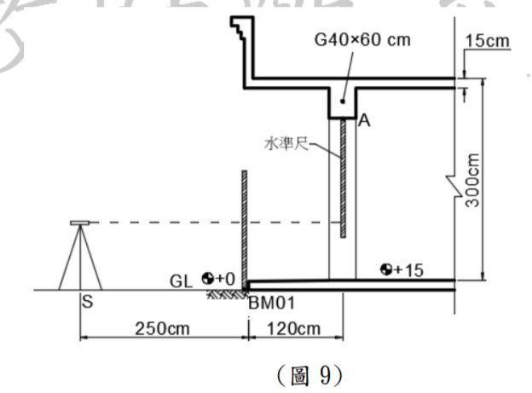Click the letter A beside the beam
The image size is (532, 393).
tap(364, 121)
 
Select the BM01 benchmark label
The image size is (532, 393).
tap(268, 301)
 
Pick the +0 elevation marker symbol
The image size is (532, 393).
tap(207, 278)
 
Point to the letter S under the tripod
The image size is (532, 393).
tap(86, 300)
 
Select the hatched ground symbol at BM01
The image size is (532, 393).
tap(227, 293)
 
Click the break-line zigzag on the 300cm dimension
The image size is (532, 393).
tap(452, 181)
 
